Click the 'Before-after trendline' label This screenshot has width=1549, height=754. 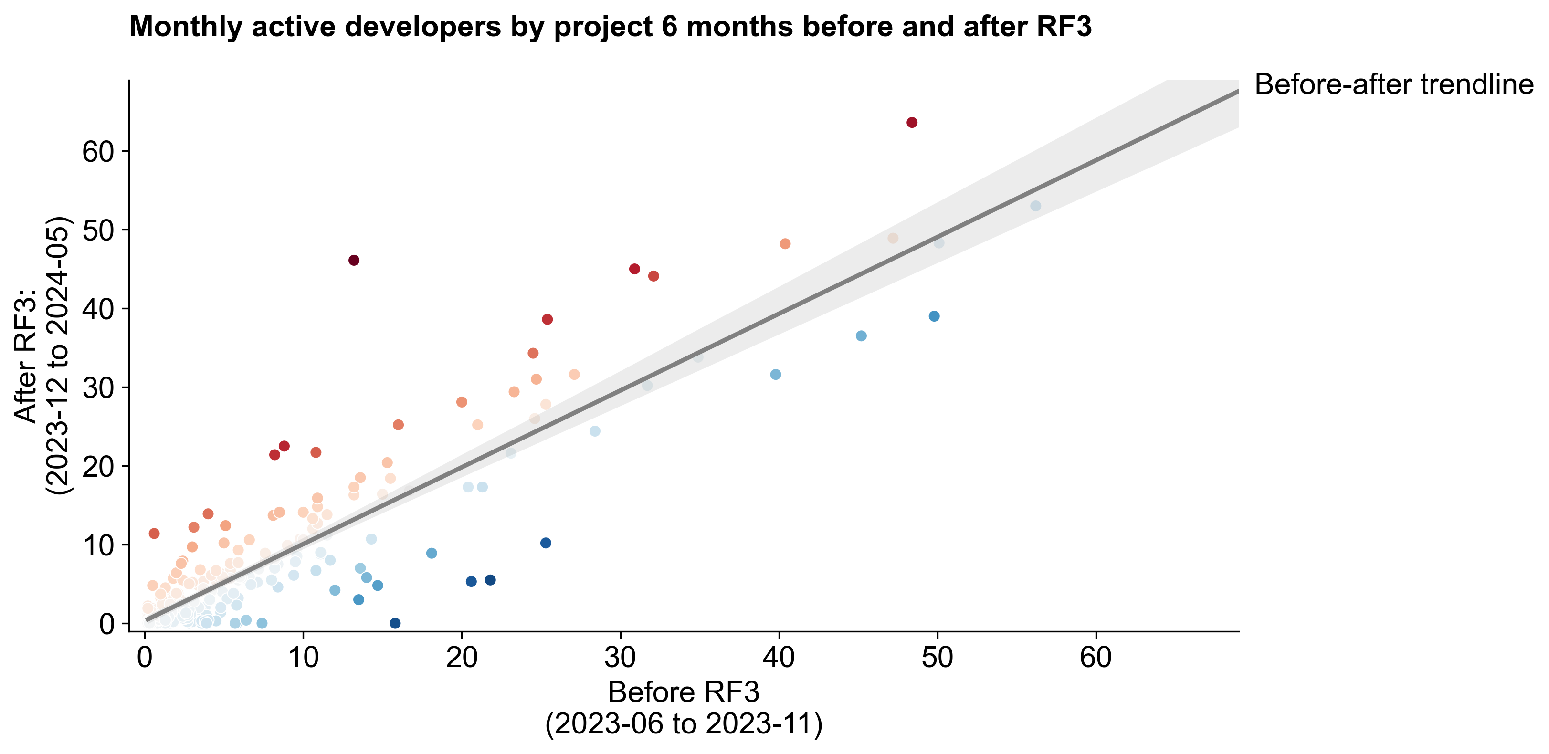coord(1393,85)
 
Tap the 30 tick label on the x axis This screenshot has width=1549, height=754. coord(620,658)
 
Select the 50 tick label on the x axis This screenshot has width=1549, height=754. coord(937,658)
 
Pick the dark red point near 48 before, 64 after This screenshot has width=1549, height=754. coord(912,123)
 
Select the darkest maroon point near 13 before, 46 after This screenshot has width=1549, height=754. coord(354,261)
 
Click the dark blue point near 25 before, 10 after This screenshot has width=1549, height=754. coord(546,543)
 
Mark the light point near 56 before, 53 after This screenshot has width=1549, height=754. coord(1035,206)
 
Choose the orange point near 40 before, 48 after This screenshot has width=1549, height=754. coord(785,243)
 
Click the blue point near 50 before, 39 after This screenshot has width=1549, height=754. coord(934,316)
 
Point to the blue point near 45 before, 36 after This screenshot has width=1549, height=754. coord(861,335)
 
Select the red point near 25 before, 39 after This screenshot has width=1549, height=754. coord(547,319)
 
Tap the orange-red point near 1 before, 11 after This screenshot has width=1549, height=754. coord(154,534)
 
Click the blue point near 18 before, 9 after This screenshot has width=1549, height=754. coord(431,553)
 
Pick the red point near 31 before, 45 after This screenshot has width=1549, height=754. coord(634,269)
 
